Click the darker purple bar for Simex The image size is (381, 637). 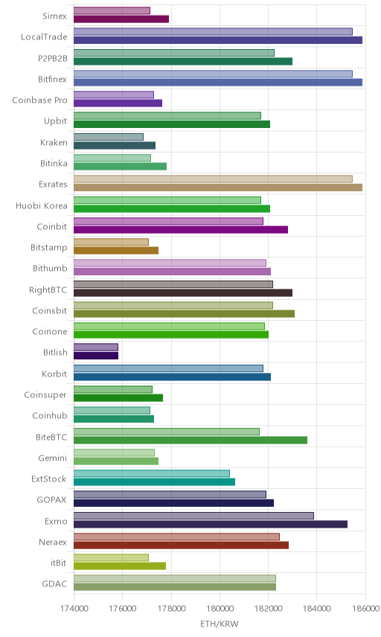(x=121, y=19)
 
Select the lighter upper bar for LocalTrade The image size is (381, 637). (x=213, y=32)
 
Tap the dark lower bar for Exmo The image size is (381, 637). (x=211, y=524)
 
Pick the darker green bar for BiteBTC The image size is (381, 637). (x=190, y=440)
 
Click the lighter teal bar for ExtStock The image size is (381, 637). (x=152, y=473)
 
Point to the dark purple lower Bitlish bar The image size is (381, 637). (x=96, y=356)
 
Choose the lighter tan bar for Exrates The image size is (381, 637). (x=213, y=179)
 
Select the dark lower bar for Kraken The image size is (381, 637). (x=115, y=145)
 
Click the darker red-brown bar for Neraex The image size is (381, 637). (x=181, y=545)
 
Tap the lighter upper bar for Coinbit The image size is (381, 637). (x=168, y=221)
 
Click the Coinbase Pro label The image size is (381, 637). (x=39, y=100)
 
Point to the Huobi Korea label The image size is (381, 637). (x=42, y=205)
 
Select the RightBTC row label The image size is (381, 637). (x=48, y=289)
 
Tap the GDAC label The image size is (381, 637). (x=54, y=583)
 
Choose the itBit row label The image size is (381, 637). (x=59, y=563)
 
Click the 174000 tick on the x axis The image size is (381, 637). (x=74, y=609)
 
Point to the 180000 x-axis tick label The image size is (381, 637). (x=220, y=609)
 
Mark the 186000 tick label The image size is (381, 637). (x=365, y=609)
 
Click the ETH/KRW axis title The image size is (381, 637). (x=220, y=624)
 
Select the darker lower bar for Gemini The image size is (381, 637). (x=116, y=461)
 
